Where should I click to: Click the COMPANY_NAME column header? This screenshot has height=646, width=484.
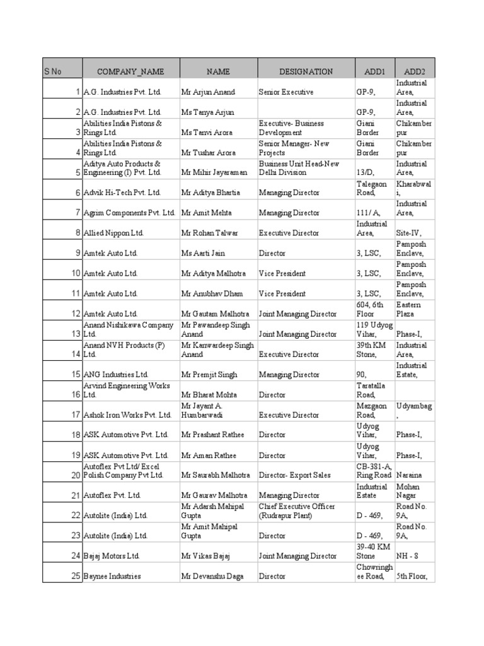[x=130, y=71]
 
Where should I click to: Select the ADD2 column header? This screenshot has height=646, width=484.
[x=415, y=71]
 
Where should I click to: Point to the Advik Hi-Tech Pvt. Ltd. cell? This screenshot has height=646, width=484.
[x=122, y=193]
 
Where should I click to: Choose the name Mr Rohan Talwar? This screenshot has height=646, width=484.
[x=210, y=233]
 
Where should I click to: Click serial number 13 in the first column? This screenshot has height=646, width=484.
[x=76, y=334]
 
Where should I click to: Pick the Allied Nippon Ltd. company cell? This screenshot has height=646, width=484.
[x=114, y=233]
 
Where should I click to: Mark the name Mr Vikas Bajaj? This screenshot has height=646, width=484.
[x=206, y=556]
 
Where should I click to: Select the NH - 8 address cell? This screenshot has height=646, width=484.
[x=407, y=556]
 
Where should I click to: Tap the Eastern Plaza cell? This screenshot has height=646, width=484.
[x=408, y=309]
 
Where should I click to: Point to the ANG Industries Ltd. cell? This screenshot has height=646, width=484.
[x=116, y=375]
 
